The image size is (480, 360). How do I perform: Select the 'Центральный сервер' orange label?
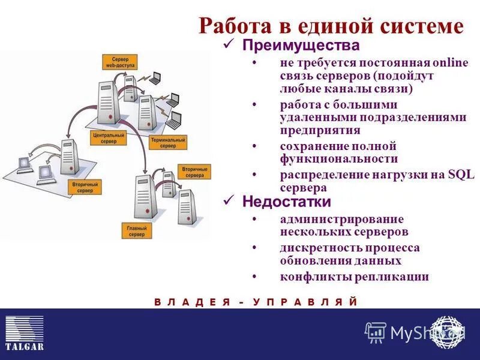pyautogui.click(x=109, y=139)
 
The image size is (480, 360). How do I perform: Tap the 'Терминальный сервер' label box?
pyautogui.click(x=168, y=142)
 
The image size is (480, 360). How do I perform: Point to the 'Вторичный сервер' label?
pyautogui.click(x=84, y=185)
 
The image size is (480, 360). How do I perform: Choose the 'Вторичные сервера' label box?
pyautogui.click(x=193, y=172)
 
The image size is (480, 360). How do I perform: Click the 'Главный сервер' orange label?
pyautogui.click(x=136, y=230)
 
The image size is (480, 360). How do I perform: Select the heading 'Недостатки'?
pyautogui.click(x=286, y=202)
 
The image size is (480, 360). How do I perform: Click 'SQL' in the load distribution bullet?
pyautogui.click(x=461, y=175)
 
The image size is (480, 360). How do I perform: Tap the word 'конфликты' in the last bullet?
pyautogui.click(x=308, y=277)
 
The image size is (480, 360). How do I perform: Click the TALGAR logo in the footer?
pyautogui.click(x=25, y=334)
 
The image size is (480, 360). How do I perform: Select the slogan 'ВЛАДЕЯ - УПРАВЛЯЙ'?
pyautogui.click(x=256, y=302)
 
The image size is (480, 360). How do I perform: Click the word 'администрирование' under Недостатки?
pyautogui.click(x=341, y=219)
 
